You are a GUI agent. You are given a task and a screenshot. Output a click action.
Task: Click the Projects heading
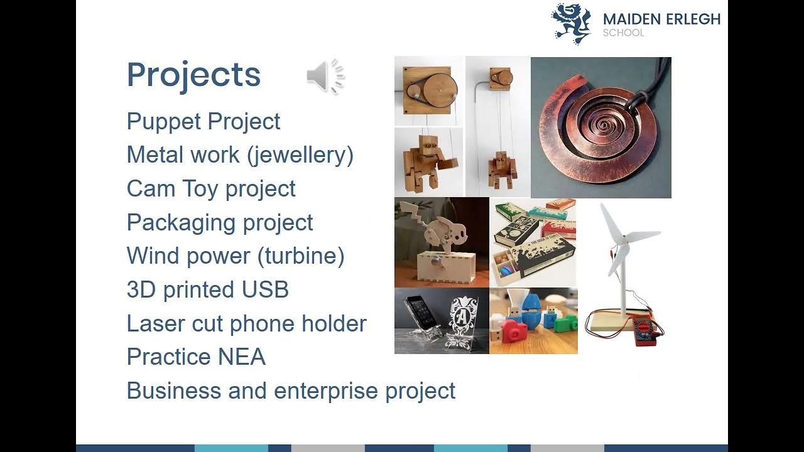pos(193,75)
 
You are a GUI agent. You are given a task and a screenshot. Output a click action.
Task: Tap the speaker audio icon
pos(325,77)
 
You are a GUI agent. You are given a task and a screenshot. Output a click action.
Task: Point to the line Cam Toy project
pos(211,189)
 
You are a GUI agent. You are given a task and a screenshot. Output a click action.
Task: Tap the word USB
pos(265,289)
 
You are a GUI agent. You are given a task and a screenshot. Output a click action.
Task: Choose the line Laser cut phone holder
pos(246,323)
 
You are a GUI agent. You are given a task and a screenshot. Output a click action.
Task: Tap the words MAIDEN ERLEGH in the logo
pos(661,19)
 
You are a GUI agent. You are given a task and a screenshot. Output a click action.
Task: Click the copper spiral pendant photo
pos(600,127)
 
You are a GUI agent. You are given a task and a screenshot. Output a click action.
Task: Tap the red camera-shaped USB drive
pos(511,330)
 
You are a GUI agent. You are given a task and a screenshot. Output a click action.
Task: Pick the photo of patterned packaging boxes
pos(533,242)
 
